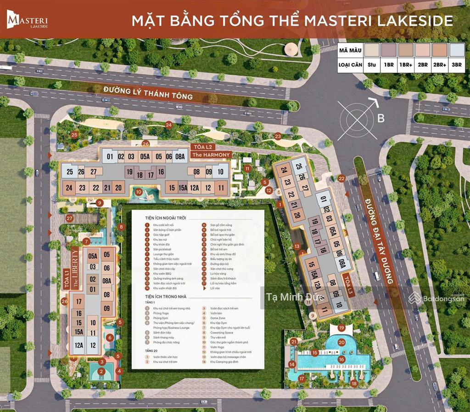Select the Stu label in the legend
(372, 65)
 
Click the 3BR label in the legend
(456, 65)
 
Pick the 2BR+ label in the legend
(439, 65)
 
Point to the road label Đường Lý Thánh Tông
(148, 93)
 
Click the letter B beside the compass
(380, 119)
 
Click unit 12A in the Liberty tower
(78, 345)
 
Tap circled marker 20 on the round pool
(341, 342)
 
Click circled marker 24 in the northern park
(168, 125)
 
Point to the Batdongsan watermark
(436, 298)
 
